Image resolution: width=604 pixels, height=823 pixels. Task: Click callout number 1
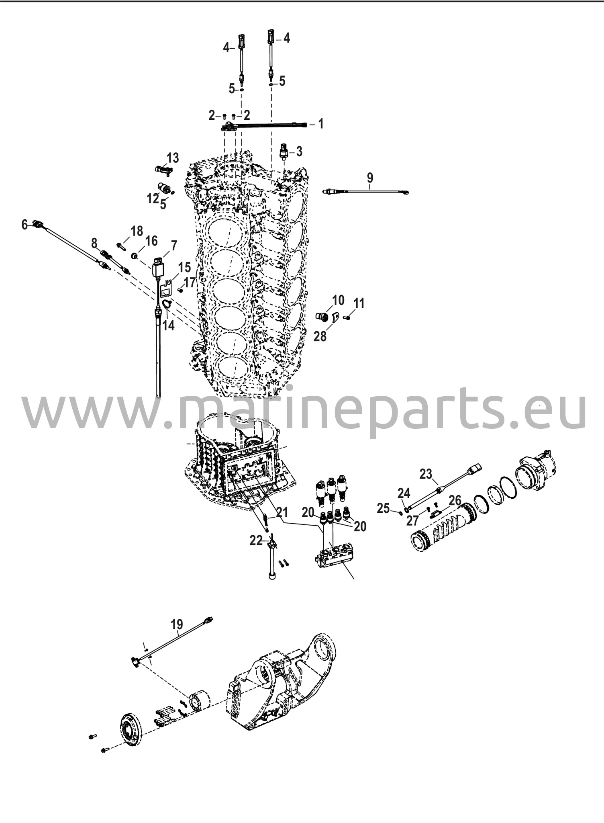click(x=320, y=124)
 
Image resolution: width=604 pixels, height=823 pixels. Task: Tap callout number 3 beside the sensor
click(x=299, y=151)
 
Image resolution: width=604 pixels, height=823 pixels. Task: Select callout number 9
click(x=370, y=177)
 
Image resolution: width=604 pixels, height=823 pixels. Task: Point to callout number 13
click(x=173, y=158)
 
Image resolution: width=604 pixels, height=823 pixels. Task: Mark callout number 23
click(x=426, y=474)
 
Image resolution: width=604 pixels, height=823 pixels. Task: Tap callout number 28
click(x=320, y=336)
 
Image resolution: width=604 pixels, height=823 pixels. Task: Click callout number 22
click(x=256, y=541)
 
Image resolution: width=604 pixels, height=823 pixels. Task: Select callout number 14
click(x=169, y=326)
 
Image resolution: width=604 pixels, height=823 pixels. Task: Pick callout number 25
click(x=384, y=509)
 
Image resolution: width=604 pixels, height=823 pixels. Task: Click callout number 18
click(x=137, y=231)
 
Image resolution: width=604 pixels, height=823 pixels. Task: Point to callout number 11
click(x=359, y=303)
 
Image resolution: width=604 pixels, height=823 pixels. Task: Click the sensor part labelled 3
click(x=284, y=152)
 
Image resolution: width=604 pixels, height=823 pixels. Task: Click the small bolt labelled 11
click(x=348, y=317)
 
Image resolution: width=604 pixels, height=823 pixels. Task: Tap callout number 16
click(x=151, y=241)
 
